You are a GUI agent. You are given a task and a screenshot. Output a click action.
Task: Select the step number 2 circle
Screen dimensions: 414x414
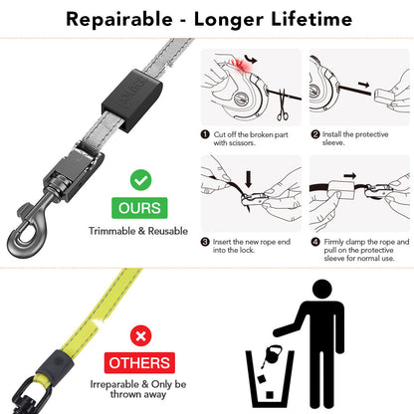tap(314, 133)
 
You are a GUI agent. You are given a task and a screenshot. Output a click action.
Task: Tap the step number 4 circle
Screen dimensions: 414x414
tap(314, 240)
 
